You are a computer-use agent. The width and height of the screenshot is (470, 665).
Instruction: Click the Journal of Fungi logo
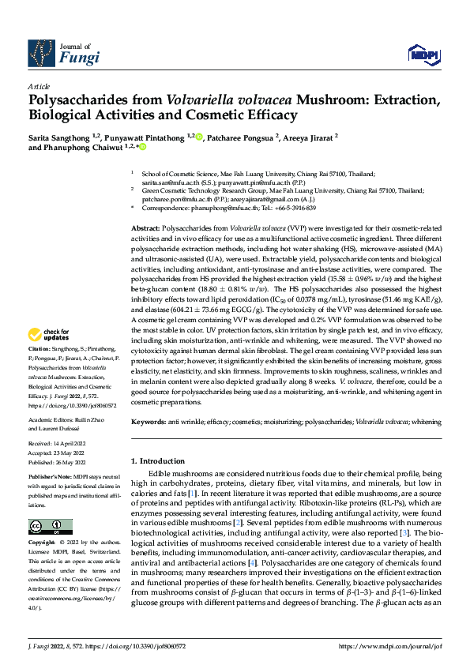click(x=64, y=52)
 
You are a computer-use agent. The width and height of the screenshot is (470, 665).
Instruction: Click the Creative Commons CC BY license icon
click(x=50, y=527)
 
